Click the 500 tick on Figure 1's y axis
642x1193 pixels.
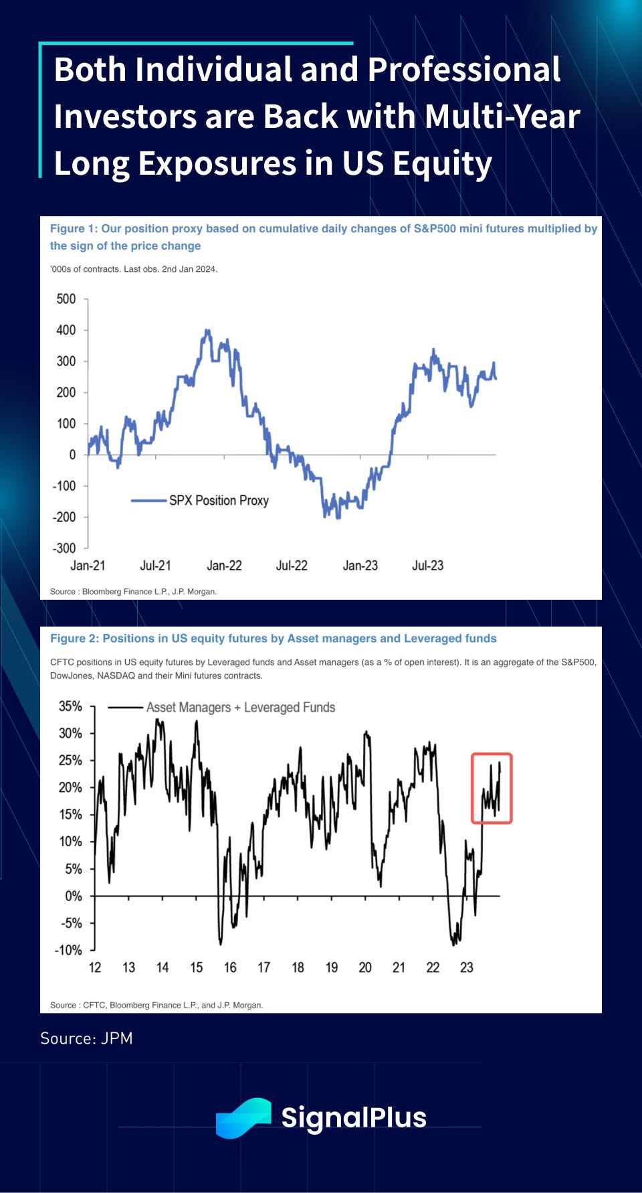[66, 299]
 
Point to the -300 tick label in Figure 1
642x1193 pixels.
[64, 548]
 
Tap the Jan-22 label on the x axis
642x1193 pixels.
[224, 566]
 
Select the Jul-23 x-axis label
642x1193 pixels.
[427, 566]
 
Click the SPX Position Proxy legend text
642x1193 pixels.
[219, 500]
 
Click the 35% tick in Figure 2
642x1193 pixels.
[70, 706]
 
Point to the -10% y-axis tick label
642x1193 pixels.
[68, 950]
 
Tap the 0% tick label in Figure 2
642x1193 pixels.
[73, 896]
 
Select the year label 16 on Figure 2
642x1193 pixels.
[230, 967]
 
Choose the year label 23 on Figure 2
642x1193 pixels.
[467, 967]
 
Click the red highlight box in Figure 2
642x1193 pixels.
[492, 788]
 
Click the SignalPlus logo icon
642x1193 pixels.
[243, 1117]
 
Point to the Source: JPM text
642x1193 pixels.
[86, 1038]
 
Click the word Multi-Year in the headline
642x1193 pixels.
[503, 116]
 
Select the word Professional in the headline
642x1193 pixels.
[464, 69]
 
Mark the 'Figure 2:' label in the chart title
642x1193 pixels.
[74, 639]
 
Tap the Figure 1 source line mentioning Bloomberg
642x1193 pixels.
[133, 591]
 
